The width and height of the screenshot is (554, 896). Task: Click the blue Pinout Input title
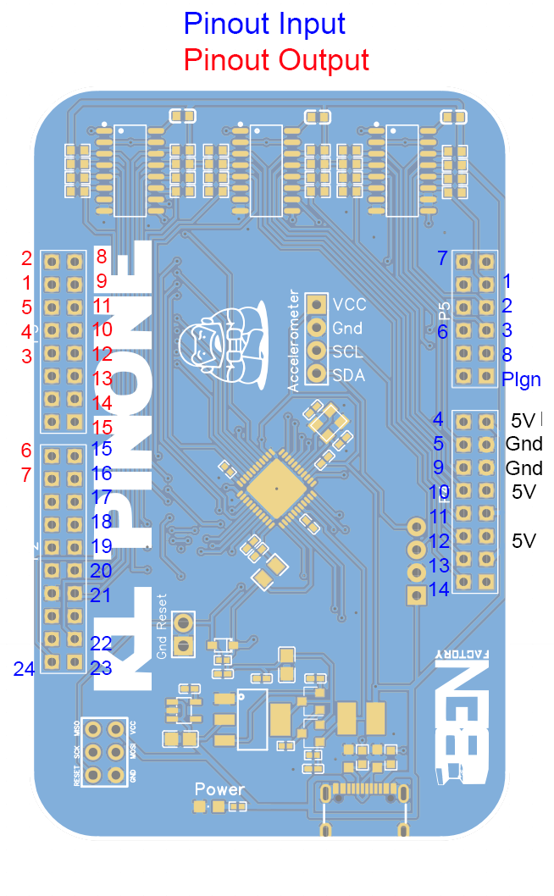264,23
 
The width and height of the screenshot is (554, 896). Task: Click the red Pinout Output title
276,60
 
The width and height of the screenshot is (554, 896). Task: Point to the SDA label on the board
349,374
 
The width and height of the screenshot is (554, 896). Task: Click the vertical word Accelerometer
294,340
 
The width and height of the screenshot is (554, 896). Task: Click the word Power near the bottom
219,789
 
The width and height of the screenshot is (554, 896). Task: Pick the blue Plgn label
521,379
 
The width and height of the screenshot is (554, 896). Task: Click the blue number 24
24,669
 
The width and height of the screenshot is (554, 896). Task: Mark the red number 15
102,428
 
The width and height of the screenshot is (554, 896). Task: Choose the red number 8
102,255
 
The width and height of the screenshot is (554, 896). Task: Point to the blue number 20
101,571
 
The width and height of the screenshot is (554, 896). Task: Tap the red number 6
26,451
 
